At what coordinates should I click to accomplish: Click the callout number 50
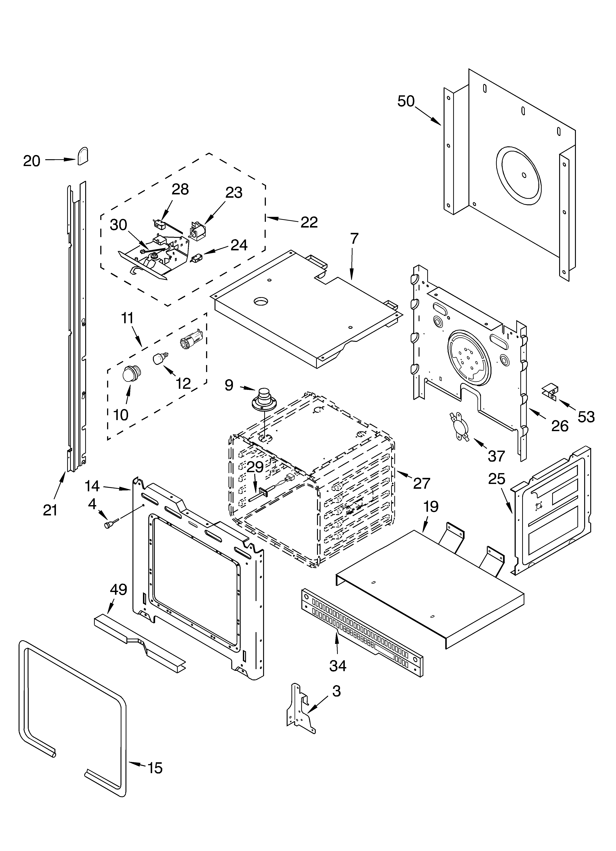[406, 101]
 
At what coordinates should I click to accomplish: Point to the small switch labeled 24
[197, 258]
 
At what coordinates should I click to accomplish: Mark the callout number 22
[309, 222]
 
